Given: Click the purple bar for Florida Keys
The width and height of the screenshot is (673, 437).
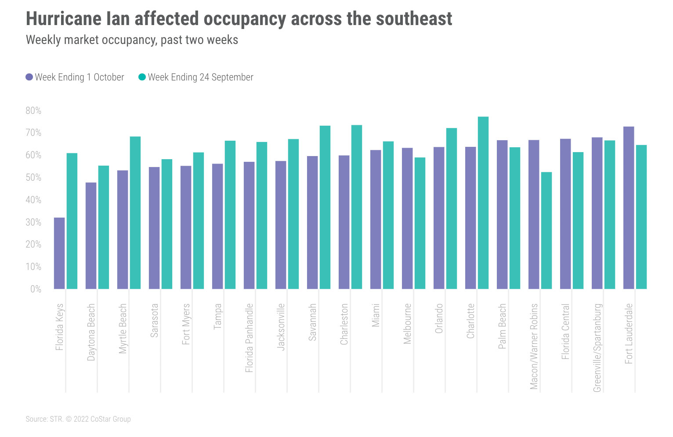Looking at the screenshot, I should coord(59,253).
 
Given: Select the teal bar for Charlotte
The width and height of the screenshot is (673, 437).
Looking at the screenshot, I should coord(483,203).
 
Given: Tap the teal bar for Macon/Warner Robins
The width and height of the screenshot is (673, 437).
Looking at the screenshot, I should coord(546,230).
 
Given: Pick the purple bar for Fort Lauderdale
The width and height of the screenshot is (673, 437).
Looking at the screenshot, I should coord(629,208).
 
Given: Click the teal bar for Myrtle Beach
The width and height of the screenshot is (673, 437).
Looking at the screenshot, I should coord(135,213).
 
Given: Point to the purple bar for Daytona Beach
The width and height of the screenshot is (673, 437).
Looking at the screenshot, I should coord(91,236).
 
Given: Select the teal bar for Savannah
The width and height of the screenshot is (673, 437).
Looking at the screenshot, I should coord(325,208).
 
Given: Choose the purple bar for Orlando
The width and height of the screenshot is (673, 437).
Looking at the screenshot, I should coord(439,218).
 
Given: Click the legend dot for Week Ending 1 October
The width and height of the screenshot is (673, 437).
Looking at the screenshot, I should coord(29,77).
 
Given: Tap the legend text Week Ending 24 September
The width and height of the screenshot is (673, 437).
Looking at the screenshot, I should coord(200,77).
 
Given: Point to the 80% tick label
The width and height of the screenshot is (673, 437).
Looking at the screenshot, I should coord(33,111).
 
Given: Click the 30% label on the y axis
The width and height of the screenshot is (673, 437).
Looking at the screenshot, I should coord(33,222).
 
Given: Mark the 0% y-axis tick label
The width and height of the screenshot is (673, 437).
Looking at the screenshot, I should coord(36,289).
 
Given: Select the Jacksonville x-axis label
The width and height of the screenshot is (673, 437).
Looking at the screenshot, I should coord(281,327).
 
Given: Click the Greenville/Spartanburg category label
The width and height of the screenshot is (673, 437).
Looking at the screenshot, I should coord(597,347).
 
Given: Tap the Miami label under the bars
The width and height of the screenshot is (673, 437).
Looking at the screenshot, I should coord(376,315).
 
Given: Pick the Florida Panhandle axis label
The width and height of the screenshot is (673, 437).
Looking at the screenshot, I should coord(249,338).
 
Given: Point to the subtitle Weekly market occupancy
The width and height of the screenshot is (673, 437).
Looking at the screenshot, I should coord(132,40).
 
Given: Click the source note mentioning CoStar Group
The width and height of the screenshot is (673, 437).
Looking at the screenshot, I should coord(78,419).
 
